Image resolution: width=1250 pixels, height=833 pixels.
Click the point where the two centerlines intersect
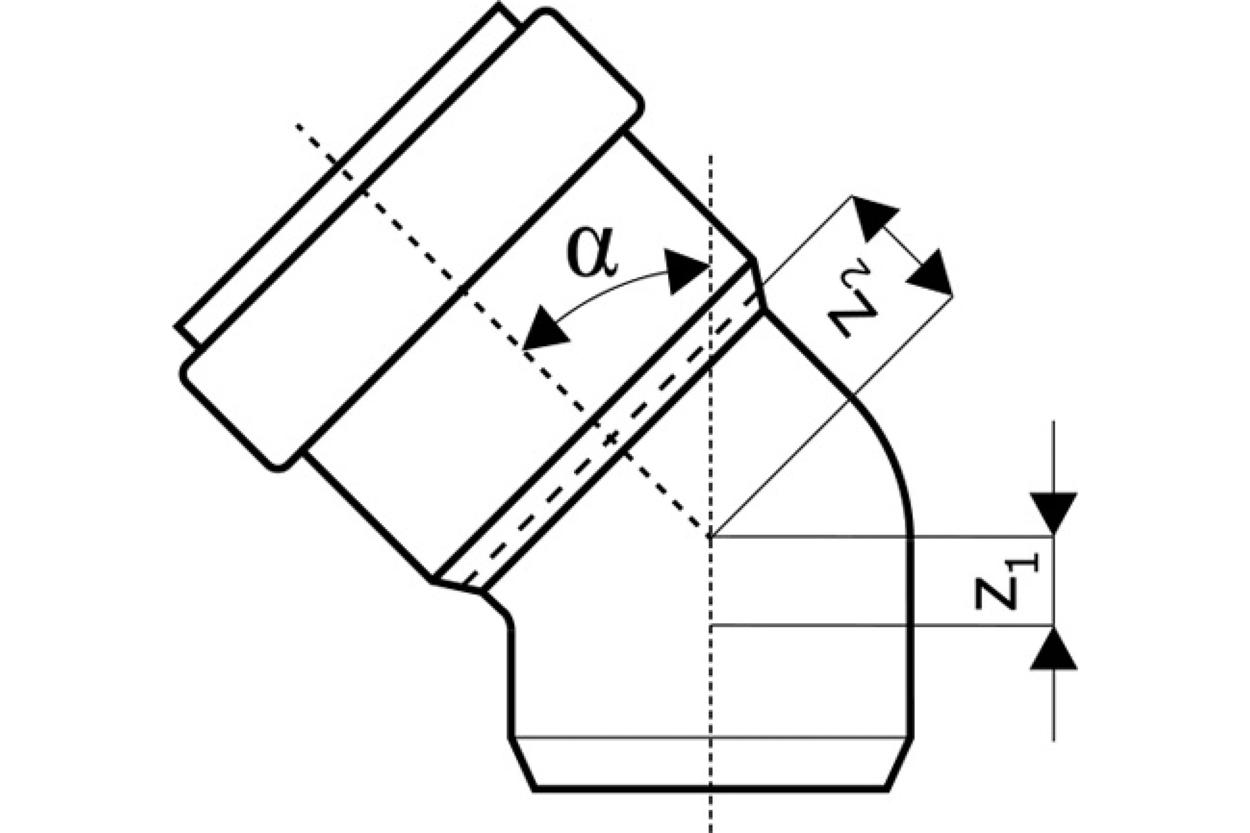tap(710, 537)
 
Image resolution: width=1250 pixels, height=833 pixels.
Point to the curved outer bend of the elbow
tap(888, 451)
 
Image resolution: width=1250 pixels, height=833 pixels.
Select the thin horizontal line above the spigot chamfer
tap(710, 737)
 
